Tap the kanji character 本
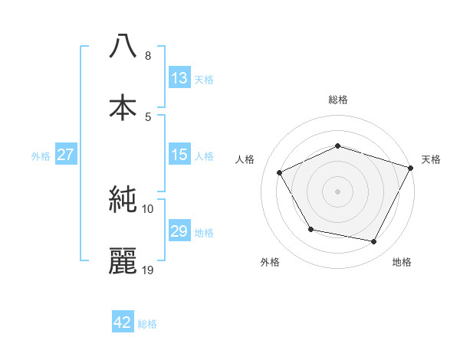tap(123, 106)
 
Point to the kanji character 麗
tap(123, 260)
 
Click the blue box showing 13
tap(179, 78)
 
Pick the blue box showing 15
tap(179, 155)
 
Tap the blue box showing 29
tap(179, 231)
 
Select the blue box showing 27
tap(65, 155)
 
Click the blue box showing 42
tap(123, 322)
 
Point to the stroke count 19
tap(148, 270)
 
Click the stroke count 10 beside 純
tap(148, 208)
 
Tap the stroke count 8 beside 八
tap(147, 56)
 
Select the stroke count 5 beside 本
tap(147, 116)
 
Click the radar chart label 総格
tap(338, 100)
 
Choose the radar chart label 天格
tap(431, 159)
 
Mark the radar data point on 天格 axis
tap(412, 168)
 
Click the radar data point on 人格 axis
tap(280, 173)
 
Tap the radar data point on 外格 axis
tap(310, 229)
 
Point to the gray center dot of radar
tap(338, 191)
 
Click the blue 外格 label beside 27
tap(41, 155)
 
